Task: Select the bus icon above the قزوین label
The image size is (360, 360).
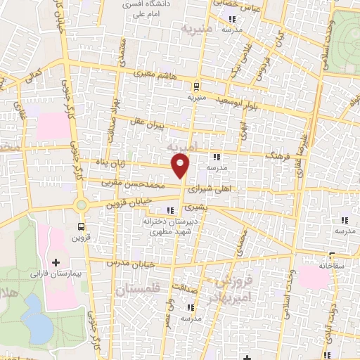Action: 82,226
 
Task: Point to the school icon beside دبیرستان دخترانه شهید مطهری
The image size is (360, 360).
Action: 169,210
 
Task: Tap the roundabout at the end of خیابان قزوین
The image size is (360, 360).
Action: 82,205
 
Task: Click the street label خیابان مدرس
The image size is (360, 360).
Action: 129,262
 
